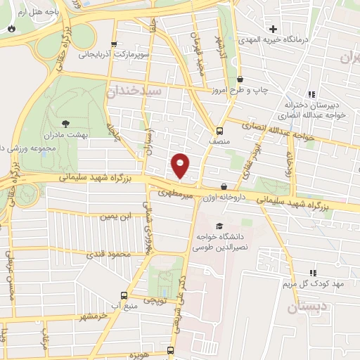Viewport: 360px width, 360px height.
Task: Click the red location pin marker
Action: (181, 165)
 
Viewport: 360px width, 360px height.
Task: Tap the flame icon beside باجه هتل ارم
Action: (11, 28)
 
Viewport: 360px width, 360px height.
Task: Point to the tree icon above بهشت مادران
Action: (67, 124)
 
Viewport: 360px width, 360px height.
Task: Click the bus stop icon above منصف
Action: (219, 130)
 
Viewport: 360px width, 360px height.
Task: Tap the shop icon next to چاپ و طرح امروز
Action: (240, 80)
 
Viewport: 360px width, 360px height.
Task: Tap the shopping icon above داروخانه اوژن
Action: (224, 187)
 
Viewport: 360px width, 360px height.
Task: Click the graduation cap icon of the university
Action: (220, 226)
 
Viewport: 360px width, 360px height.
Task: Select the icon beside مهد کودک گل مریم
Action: (313, 273)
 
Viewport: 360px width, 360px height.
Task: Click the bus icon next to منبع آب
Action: (124, 296)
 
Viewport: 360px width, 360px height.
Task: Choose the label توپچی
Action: (155, 300)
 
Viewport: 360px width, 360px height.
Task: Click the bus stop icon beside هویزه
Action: (170, 350)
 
